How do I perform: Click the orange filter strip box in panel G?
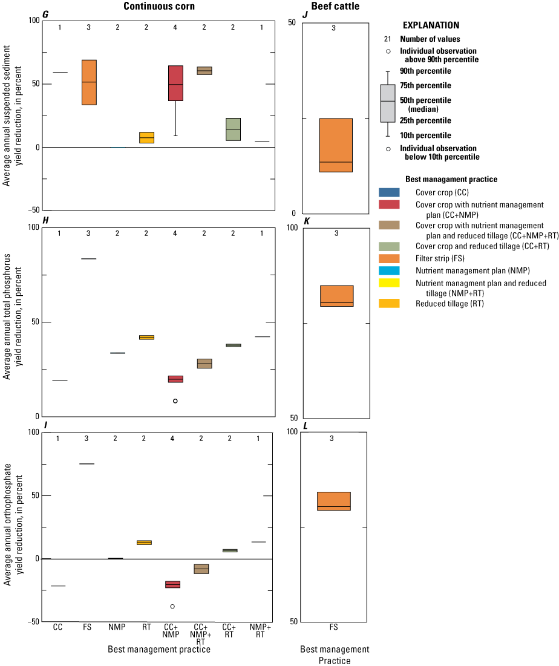click(x=89, y=82)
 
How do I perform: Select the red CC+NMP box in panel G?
click(x=175, y=83)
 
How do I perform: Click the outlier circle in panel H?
click(x=175, y=401)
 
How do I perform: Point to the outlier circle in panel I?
click(x=172, y=606)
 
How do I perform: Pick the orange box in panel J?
click(x=336, y=145)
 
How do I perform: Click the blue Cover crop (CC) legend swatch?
click(x=389, y=192)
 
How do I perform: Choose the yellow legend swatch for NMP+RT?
click(x=389, y=282)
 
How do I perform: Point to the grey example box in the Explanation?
click(x=388, y=103)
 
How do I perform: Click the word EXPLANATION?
click(x=431, y=25)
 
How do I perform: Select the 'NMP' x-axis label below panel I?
click(x=117, y=627)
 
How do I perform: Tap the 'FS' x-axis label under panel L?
click(x=334, y=627)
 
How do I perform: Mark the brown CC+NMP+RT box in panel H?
click(x=204, y=364)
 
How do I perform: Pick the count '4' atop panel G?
click(x=176, y=27)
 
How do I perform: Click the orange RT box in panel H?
click(x=146, y=337)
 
